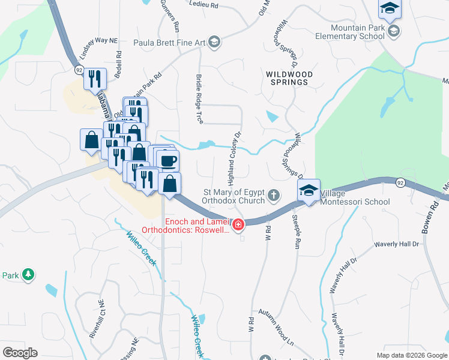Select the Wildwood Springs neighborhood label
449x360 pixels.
click(x=289, y=78)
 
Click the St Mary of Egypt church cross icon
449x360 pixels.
click(x=274, y=195)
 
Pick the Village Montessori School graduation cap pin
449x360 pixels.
click(x=309, y=191)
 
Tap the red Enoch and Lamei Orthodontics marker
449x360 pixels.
click(x=238, y=226)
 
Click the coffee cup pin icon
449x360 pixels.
click(x=167, y=161)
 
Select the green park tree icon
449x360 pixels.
click(x=28, y=275)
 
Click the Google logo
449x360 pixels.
click(x=20, y=353)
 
